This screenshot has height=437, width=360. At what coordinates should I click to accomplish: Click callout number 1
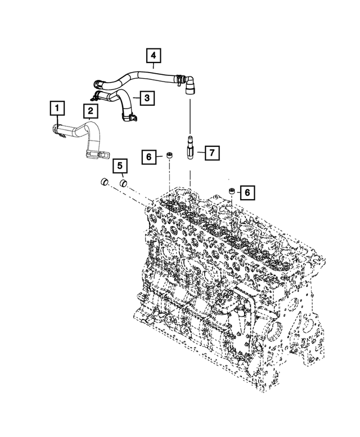click(x=56, y=106)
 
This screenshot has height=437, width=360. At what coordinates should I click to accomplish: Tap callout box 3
click(x=146, y=98)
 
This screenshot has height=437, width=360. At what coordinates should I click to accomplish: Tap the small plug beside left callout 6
click(x=168, y=155)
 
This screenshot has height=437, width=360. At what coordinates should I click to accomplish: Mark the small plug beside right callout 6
click(x=230, y=193)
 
